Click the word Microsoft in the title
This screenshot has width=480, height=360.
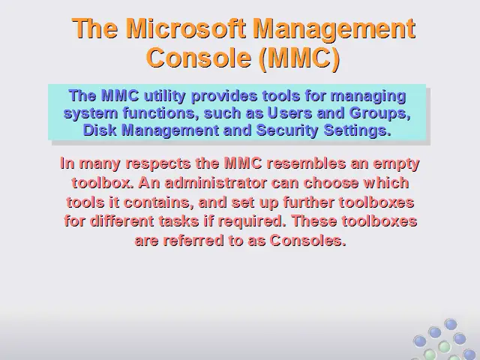186,28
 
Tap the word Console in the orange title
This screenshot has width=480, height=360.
199,58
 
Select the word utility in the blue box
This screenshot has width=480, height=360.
164,97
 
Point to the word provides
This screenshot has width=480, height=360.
224,97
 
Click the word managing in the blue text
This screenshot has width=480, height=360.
368,97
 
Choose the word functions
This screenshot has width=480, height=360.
159,113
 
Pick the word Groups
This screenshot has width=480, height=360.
379,113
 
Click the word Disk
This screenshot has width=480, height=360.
100,130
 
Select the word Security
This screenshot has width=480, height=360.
287,130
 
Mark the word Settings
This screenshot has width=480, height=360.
358,130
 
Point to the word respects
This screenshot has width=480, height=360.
158,163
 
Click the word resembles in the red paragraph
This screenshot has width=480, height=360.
306,163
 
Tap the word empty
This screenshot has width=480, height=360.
396,164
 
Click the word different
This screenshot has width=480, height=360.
121,221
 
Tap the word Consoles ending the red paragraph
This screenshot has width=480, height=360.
307,241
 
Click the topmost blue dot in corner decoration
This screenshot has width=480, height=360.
451,324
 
